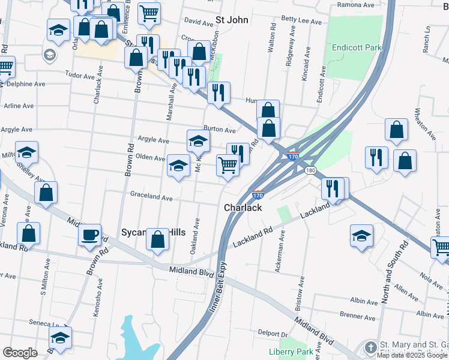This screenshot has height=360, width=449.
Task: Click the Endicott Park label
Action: click(x=353, y=47)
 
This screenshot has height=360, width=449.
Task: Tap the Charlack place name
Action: click(x=243, y=208)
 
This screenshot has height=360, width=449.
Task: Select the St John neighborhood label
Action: click(x=232, y=20)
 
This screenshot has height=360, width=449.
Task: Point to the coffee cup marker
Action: click(x=89, y=235)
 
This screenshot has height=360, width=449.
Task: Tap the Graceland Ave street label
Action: click(x=151, y=197)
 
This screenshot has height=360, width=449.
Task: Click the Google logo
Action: click(x=20, y=353)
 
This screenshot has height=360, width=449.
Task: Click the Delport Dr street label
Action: click(x=273, y=333)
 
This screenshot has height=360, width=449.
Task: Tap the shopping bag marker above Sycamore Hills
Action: click(x=157, y=239)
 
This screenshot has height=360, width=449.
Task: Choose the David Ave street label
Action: click(x=199, y=20)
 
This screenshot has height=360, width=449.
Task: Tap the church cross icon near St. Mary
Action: click(x=371, y=347)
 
